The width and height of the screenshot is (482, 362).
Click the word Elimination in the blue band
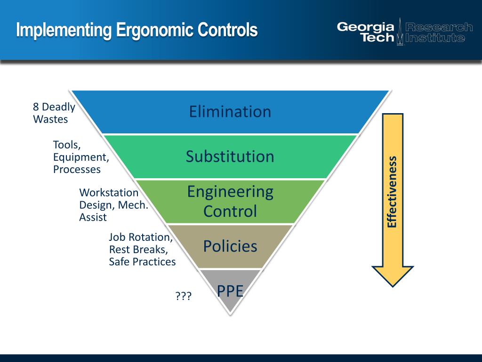(x=230, y=112)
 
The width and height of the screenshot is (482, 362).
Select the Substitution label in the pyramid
(x=230, y=156)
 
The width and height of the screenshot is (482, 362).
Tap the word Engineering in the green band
(x=230, y=192)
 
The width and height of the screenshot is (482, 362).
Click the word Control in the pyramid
(x=230, y=211)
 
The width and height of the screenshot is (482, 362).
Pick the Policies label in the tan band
(x=230, y=246)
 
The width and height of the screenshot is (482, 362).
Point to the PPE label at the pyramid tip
(x=230, y=291)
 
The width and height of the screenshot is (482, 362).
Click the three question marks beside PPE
(x=184, y=296)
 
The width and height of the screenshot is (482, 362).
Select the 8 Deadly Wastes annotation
(x=54, y=113)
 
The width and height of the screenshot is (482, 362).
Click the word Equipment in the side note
(x=80, y=157)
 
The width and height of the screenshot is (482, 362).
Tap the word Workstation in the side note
(x=109, y=193)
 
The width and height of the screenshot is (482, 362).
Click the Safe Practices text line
(x=142, y=262)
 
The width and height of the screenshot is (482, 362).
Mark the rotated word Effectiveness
(x=392, y=192)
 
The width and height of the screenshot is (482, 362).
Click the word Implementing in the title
(x=64, y=30)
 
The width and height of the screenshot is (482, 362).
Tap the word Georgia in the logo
(x=365, y=27)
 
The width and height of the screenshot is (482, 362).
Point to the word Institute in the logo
(x=435, y=38)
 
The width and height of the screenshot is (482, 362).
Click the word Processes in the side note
(x=77, y=170)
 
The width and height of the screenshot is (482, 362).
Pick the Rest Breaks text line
(x=138, y=249)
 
